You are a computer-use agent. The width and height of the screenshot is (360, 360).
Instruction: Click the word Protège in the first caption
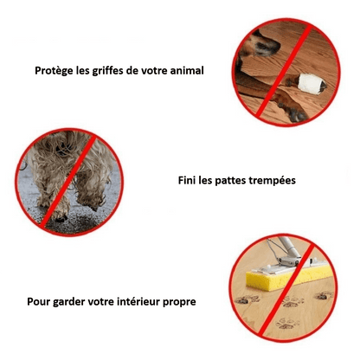(56, 71)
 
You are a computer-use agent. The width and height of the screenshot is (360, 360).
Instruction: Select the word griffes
(110, 71)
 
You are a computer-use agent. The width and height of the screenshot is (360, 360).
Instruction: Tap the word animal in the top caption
(184, 71)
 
